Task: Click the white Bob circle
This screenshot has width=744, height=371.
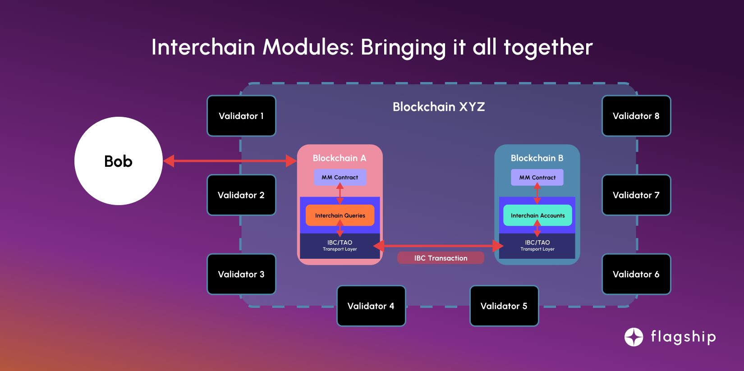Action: tap(118, 161)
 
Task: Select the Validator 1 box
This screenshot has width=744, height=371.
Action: tap(241, 116)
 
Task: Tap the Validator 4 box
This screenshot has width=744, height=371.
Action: tap(371, 306)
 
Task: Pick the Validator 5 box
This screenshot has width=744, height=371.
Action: tap(504, 306)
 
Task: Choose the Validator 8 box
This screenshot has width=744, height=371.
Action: tap(636, 116)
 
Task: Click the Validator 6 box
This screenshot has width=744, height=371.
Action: tap(636, 274)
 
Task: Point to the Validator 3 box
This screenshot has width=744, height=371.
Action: tap(241, 274)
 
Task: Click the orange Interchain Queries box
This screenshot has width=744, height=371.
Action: tap(340, 215)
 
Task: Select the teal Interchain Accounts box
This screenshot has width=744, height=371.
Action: tap(537, 215)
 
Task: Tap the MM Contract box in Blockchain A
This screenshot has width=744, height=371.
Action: tap(340, 177)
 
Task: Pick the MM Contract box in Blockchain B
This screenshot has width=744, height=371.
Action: tap(537, 177)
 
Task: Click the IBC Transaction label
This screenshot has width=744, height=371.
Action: tap(441, 258)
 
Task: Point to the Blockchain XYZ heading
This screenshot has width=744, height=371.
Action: tap(439, 107)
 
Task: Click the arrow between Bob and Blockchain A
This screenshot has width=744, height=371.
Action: tap(230, 161)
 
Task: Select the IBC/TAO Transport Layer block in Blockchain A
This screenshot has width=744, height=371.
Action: tap(340, 246)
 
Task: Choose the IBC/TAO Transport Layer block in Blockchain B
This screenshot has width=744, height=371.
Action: tap(537, 246)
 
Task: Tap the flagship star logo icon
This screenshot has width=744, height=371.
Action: tap(634, 337)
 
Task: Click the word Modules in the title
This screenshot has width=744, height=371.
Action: tap(309, 47)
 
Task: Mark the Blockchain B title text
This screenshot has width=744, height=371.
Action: tap(537, 158)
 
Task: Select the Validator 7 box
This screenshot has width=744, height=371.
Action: tap(636, 195)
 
